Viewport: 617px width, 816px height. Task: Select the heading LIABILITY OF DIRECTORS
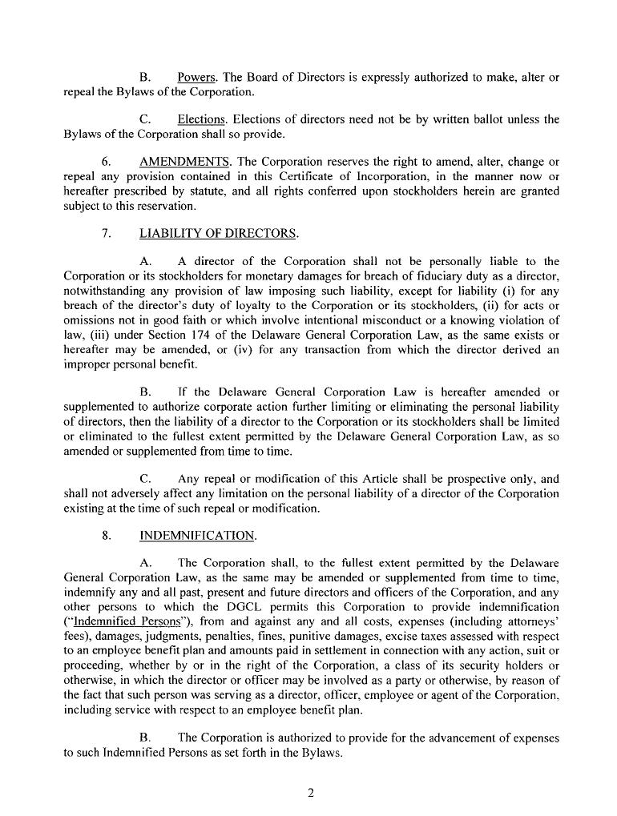click(x=218, y=234)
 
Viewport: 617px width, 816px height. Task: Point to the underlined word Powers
click(x=198, y=78)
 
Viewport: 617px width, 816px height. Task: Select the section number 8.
click(x=106, y=535)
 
